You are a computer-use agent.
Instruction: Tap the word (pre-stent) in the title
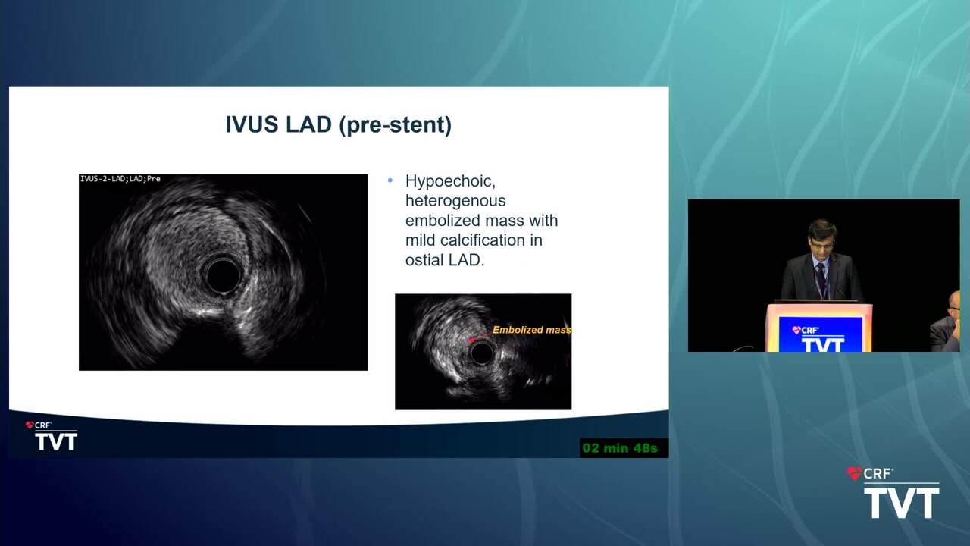pyautogui.click(x=396, y=125)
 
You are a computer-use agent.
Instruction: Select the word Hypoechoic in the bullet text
pyautogui.click(x=450, y=181)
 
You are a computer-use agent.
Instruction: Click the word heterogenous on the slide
pyautogui.click(x=455, y=201)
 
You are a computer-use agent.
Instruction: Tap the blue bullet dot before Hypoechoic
pyautogui.click(x=390, y=180)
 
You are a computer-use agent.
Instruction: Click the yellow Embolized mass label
pyautogui.click(x=532, y=330)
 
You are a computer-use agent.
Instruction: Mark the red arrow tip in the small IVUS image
pyautogui.click(x=471, y=340)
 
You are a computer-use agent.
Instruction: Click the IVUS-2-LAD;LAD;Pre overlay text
pyautogui.click(x=120, y=179)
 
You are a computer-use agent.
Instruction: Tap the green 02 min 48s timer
pyautogui.click(x=620, y=448)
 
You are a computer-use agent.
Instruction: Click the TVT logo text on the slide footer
pyautogui.click(x=56, y=442)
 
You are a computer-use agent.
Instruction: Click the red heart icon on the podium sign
pyautogui.click(x=796, y=330)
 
